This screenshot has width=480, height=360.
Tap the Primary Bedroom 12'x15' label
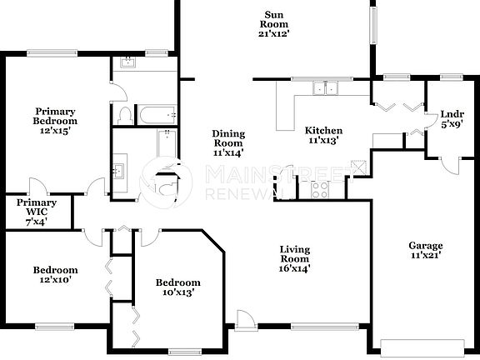(56, 121)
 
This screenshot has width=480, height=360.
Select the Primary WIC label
(37, 212)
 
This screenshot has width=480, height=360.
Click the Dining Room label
(227, 142)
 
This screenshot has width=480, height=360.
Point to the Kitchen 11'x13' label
(322, 136)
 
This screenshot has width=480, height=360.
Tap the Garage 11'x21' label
(425, 251)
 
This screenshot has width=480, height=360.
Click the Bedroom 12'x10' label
(55, 275)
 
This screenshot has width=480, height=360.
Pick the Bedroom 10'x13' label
(178, 287)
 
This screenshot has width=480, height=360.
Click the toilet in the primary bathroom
(124, 114)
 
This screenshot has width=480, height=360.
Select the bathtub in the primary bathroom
(157, 113)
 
